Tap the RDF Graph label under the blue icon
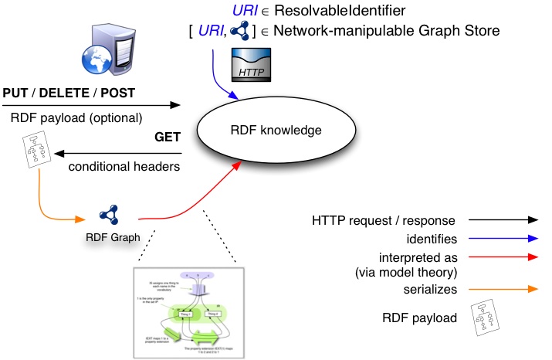click(x=113, y=237)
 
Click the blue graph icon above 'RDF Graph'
click(x=107, y=216)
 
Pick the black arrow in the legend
click(x=503, y=220)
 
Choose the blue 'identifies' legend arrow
click(x=503, y=239)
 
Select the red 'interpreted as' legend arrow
click(x=503, y=256)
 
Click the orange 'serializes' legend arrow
click(x=503, y=289)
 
